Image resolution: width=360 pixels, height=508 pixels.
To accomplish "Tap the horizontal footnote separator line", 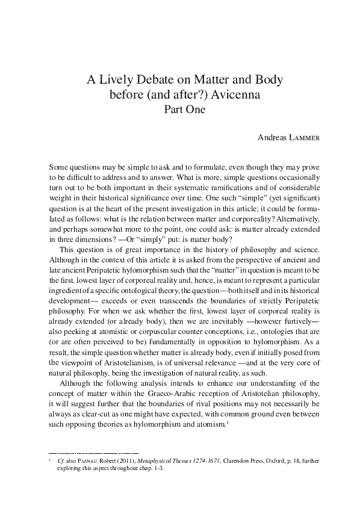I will point(93,468).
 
